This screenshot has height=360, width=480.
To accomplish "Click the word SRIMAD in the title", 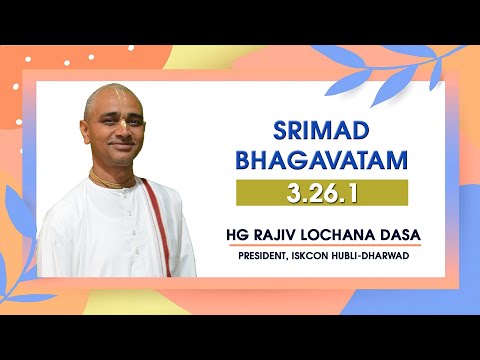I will (x=322, y=130).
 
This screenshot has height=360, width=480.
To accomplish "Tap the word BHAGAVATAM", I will (x=322, y=160).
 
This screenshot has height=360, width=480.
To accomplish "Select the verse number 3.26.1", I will (x=322, y=191).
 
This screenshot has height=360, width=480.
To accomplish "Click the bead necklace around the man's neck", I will (x=113, y=181).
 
